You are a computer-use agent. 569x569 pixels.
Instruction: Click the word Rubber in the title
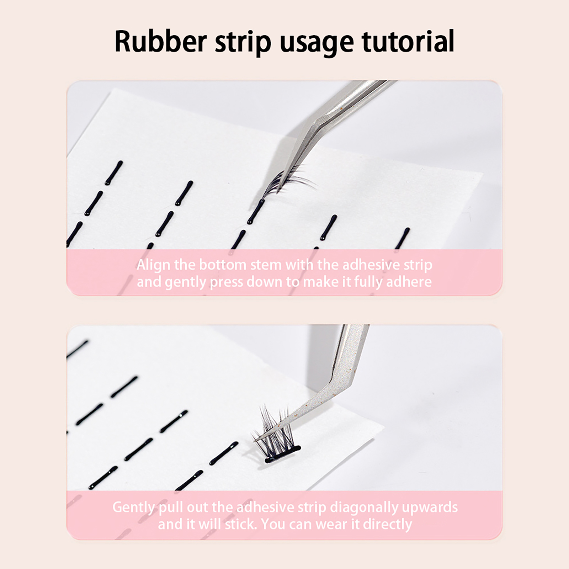coord(160,41)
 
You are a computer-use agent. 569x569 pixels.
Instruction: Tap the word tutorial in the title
coord(408,41)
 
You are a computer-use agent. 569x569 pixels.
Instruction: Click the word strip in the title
coord(243,43)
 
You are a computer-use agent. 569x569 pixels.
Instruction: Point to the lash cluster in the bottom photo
coord(276,434)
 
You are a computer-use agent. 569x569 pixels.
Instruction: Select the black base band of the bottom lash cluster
coord(283,454)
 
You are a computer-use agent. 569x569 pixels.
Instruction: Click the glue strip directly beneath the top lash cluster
coord(256,212)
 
